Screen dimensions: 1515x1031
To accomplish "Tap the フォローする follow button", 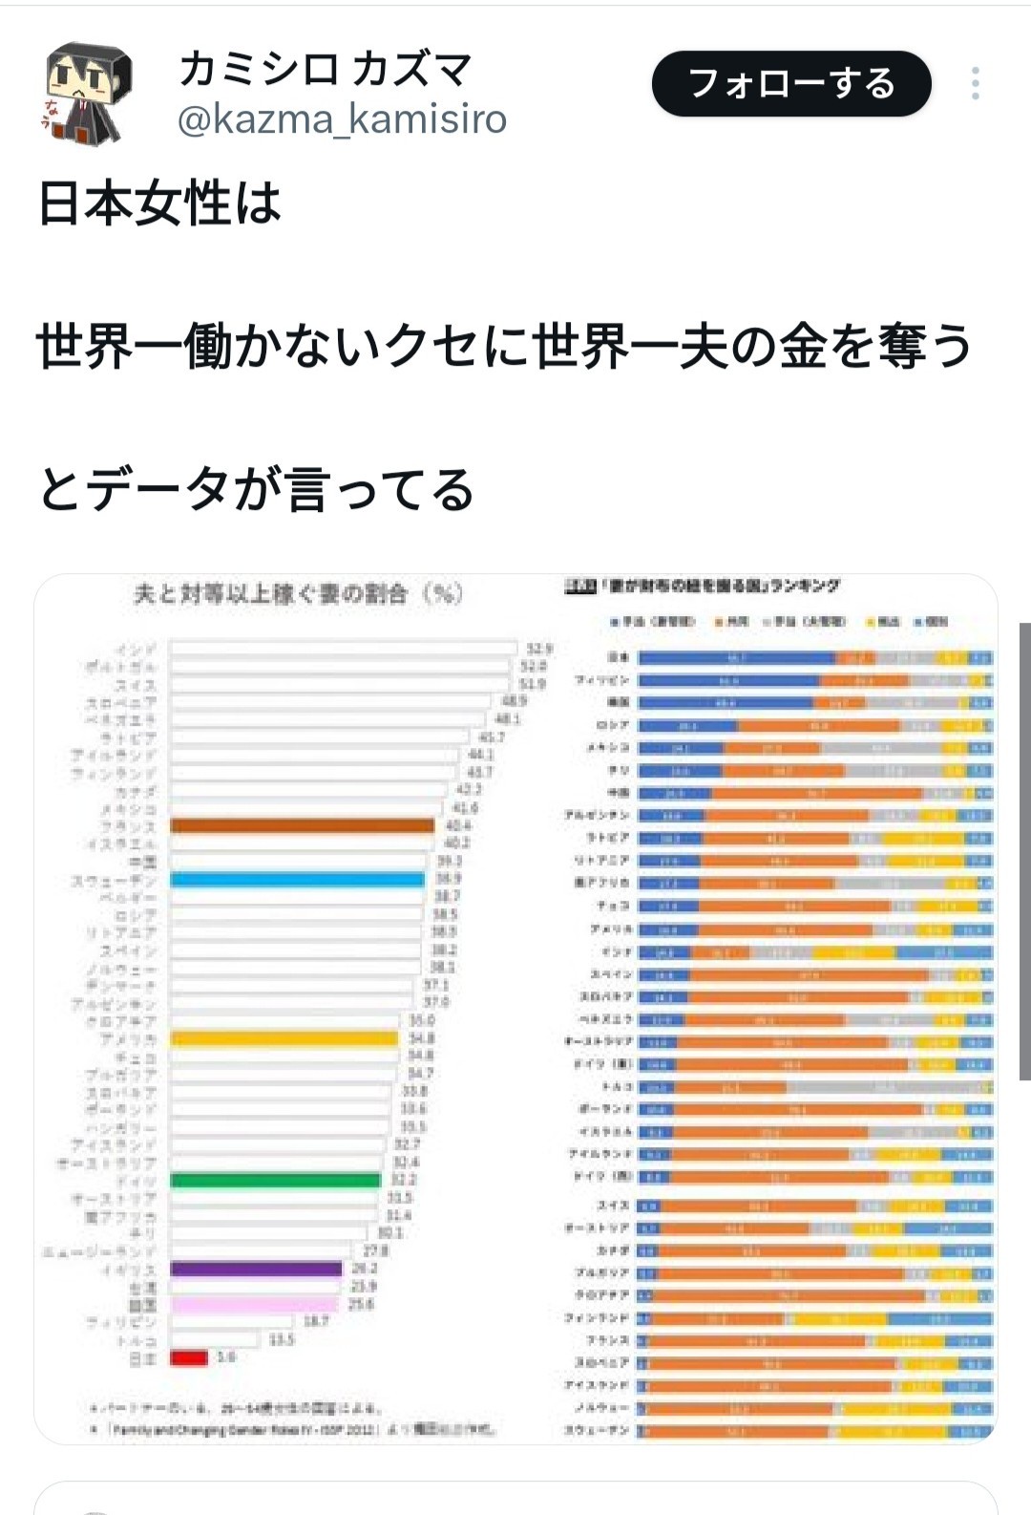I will [x=790, y=84].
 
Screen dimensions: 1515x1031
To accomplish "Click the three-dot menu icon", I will [x=975, y=84].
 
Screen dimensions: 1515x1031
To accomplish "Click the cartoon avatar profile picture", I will [x=89, y=93].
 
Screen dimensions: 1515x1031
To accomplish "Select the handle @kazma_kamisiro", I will [x=342, y=119].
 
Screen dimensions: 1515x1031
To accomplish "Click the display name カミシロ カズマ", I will [x=325, y=69].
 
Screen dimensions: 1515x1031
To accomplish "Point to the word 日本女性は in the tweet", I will [x=159, y=204].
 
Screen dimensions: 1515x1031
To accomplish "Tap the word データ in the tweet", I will [x=158, y=489].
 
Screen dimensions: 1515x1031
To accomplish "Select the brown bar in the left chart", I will [x=302, y=826].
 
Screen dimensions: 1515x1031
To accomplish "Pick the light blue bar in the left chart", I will [x=297, y=880].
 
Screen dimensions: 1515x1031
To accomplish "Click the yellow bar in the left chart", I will [x=284, y=1038].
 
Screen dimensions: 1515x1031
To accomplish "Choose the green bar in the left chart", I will [x=275, y=1181].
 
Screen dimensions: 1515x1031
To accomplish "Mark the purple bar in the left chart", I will [x=256, y=1269].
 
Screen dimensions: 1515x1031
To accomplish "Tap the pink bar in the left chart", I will [x=254, y=1304].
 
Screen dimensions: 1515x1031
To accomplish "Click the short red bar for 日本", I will [x=189, y=1357].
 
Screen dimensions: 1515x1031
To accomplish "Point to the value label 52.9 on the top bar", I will [x=539, y=649].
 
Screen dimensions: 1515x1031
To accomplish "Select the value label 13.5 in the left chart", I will [x=282, y=1340].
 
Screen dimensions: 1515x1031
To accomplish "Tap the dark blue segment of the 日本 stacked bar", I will [x=736, y=658].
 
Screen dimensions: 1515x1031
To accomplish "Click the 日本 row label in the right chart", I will [x=619, y=658].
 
